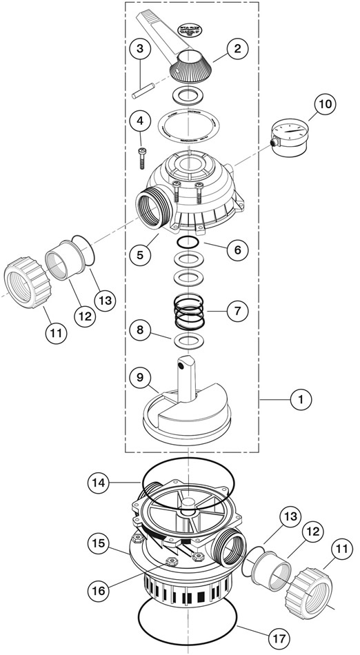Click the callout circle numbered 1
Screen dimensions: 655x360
point(299,398)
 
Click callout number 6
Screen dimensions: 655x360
point(237,250)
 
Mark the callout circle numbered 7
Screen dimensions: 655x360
point(237,311)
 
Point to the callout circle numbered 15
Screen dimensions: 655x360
point(99,543)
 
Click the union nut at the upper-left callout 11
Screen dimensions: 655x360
point(26,283)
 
